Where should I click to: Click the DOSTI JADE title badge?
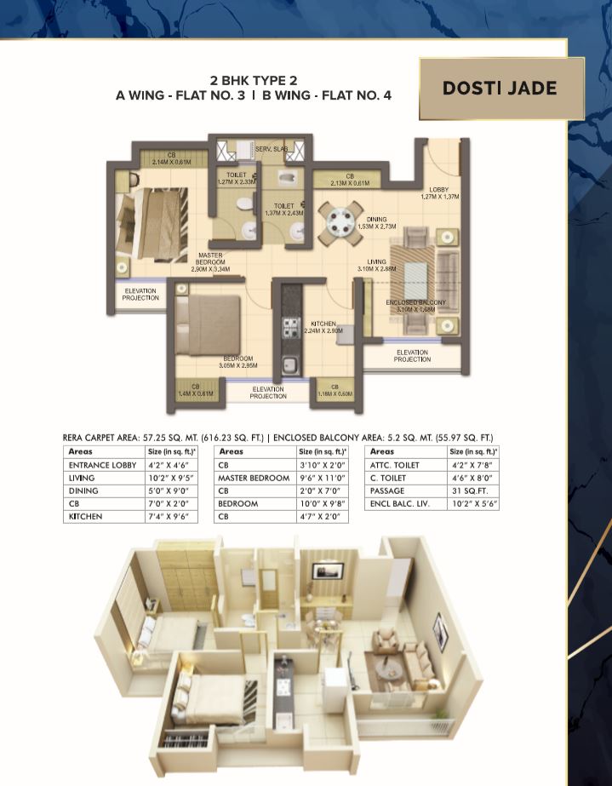tap(500, 89)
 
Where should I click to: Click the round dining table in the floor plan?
tap(340, 221)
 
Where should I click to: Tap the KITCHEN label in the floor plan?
tap(323, 324)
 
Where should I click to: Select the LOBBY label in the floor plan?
tap(439, 189)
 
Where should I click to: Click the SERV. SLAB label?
tap(272, 149)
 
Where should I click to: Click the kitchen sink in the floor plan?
tap(289, 365)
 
